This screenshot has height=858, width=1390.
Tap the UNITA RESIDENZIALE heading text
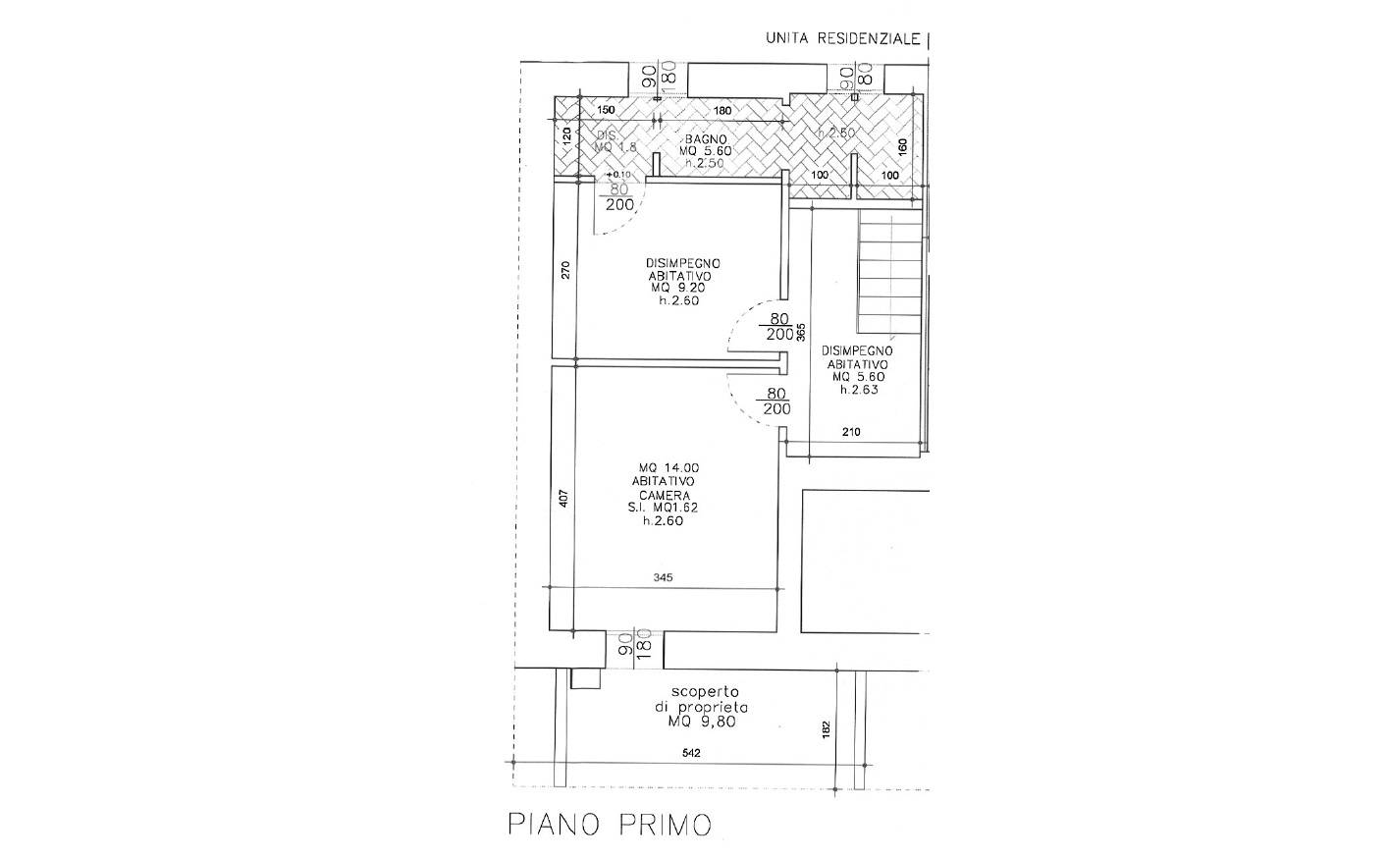[843, 39]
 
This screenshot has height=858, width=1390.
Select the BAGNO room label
[705, 140]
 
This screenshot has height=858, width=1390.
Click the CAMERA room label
[663, 495]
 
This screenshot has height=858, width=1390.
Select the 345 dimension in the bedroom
[662, 578]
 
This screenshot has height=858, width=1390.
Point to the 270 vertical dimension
[563, 270]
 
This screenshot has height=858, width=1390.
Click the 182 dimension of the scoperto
[826, 729]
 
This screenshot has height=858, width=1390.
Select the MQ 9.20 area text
[684, 289]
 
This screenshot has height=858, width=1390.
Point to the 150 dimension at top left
[605, 109]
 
